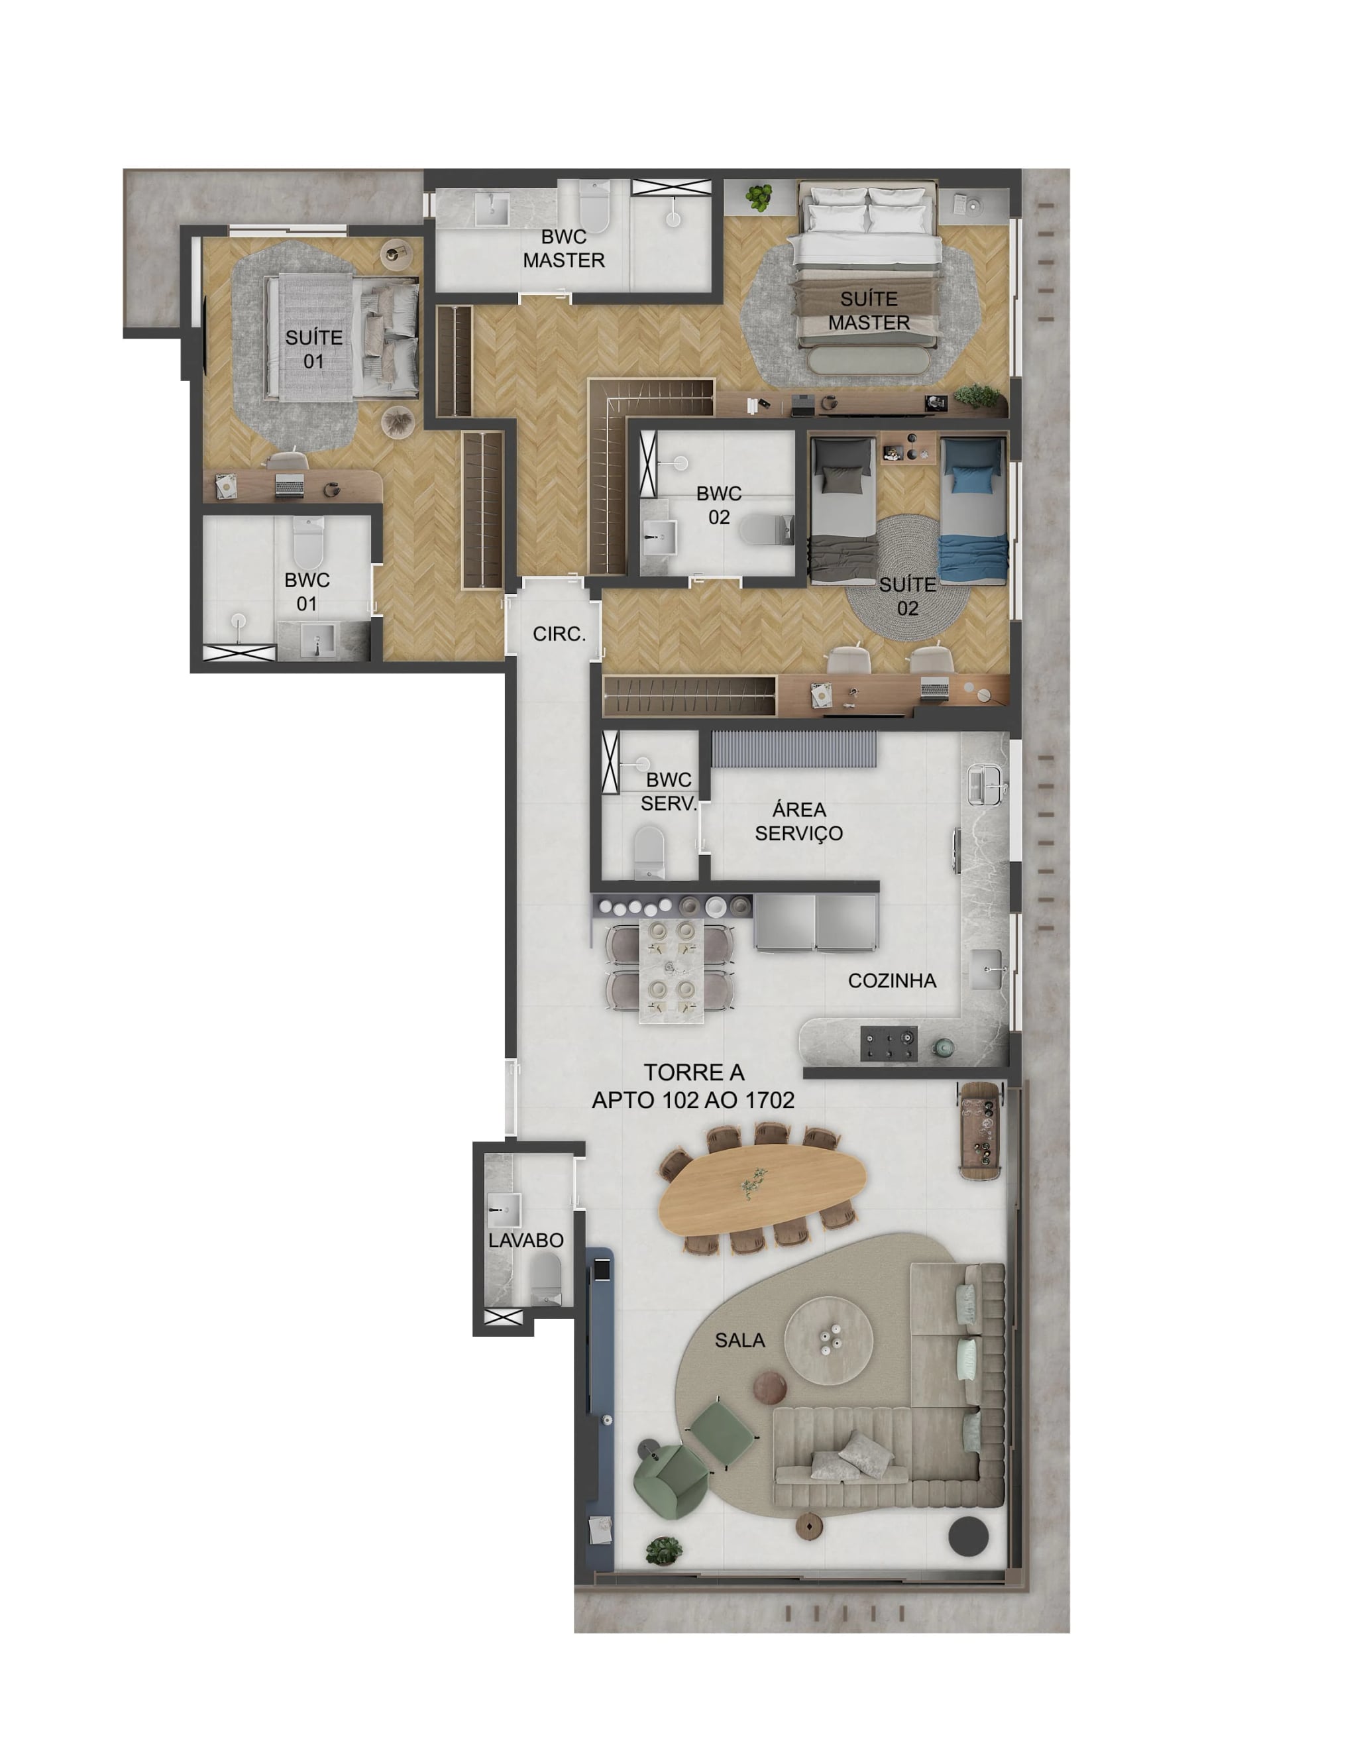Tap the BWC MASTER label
[x=563, y=249]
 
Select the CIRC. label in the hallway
[x=559, y=634]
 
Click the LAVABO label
[x=525, y=1240]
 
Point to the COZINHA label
[x=891, y=980]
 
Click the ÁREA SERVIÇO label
[x=798, y=821]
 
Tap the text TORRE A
[x=693, y=1072]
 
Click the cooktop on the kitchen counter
[x=889, y=1044]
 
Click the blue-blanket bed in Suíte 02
[x=973, y=510]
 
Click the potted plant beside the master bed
[x=760, y=196]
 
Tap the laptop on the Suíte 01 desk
[x=289, y=484]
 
